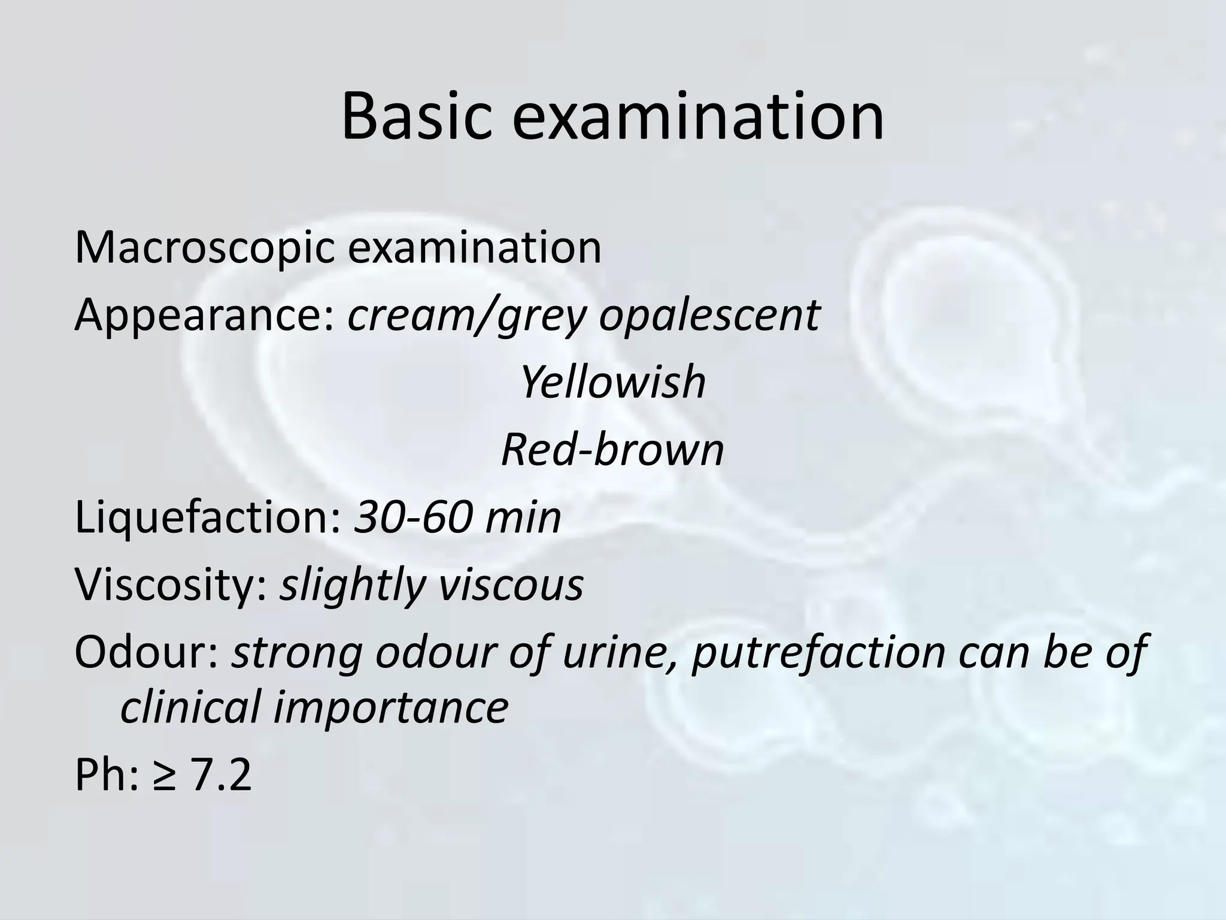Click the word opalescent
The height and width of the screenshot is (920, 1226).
click(709, 316)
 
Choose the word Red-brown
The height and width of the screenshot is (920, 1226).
click(612, 450)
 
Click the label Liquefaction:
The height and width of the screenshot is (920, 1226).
click(207, 517)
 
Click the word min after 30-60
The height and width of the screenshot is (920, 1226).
click(523, 517)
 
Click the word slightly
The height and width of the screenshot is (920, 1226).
click(353, 585)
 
